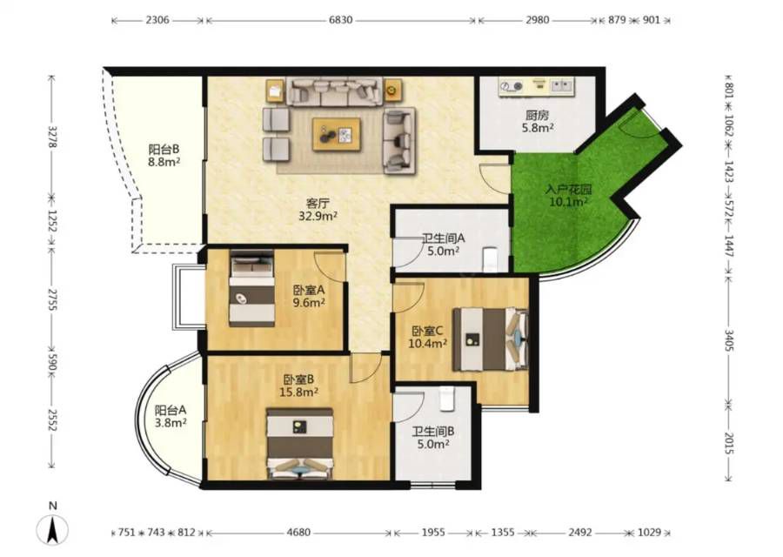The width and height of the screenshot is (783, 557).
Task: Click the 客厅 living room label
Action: [x=318, y=204]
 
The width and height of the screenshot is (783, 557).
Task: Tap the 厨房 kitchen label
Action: [x=538, y=116]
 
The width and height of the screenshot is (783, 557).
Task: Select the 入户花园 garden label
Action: [x=568, y=190]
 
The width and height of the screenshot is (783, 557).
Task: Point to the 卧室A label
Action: [x=309, y=290]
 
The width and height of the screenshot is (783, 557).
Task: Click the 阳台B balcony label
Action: [x=164, y=149]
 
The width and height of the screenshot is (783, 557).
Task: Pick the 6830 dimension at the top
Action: [x=340, y=21]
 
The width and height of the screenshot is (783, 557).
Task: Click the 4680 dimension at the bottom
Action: [x=298, y=533]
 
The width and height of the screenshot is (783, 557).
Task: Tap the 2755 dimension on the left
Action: [x=52, y=299]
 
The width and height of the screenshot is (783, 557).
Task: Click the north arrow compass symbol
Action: [x=52, y=530]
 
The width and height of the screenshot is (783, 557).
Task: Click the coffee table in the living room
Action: [x=337, y=134]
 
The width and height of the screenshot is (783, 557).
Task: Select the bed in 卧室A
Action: [x=251, y=289]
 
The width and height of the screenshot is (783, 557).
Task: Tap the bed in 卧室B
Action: [x=299, y=443]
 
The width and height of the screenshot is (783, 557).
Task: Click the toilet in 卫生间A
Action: [x=491, y=259]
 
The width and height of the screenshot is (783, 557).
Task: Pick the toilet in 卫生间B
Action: [x=447, y=399]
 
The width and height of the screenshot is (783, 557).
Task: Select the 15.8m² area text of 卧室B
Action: [x=298, y=393]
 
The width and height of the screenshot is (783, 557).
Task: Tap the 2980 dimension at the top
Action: [x=538, y=21]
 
